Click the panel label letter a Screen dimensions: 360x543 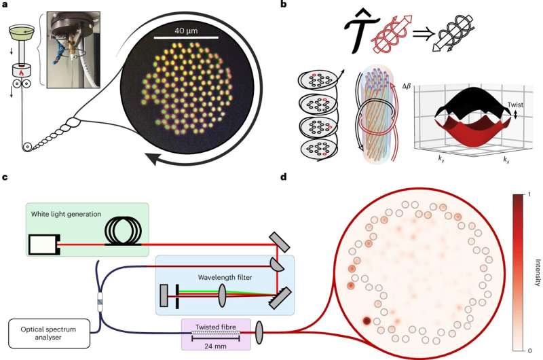click(x=5, y=5)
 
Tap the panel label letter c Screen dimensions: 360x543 click(x=5, y=178)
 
